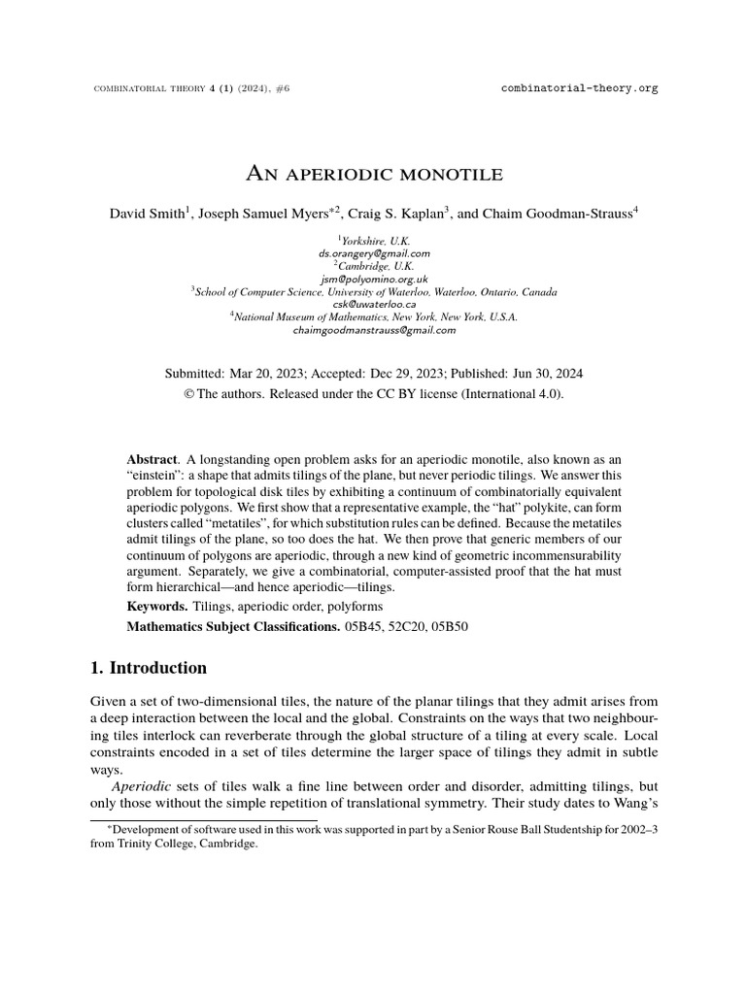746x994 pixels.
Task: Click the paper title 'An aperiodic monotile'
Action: click(373, 175)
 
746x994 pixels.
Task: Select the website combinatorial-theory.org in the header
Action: click(579, 87)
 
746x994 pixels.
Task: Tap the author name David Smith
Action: click(146, 213)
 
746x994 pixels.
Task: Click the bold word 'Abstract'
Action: click(153, 457)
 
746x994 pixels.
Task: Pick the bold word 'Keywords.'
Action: click(157, 606)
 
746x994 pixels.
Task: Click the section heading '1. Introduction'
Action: click(149, 668)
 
